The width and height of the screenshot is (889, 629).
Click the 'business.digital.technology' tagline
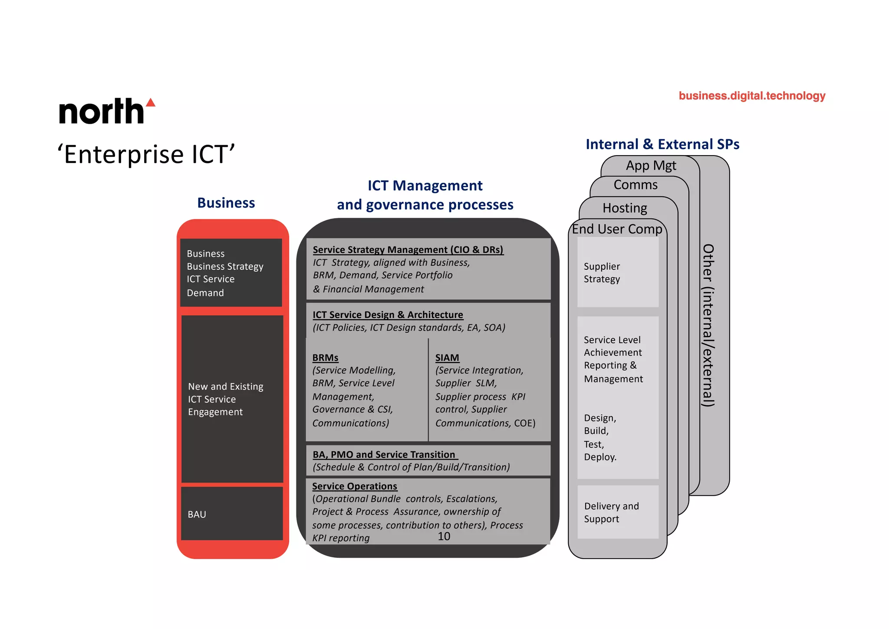click(x=752, y=96)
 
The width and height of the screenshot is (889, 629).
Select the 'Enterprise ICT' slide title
click(x=146, y=155)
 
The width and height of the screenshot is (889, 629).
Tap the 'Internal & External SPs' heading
click(x=662, y=144)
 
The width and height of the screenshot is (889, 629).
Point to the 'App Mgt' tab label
click(x=651, y=166)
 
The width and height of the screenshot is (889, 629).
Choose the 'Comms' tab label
click(x=635, y=185)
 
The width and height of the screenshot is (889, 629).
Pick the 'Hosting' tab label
click(x=625, y=208)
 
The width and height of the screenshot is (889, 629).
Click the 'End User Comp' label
click(x=617, y=229)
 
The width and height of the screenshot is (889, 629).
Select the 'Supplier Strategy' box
click(x=618, y=272)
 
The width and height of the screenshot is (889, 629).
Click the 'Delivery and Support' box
click(x=618, y=512)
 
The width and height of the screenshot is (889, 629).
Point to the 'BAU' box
click(x=232, y=514)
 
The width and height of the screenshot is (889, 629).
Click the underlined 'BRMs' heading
click(x=325, y=358)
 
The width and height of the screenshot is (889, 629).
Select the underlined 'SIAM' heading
click(x=447, y=358)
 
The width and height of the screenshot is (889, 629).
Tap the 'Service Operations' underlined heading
click(x=354, y=486)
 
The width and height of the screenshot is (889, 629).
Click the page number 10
click(x=444, y=536)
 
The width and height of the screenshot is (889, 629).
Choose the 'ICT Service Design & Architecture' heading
click(x=388, y=314)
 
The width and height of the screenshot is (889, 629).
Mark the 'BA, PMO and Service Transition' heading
click(x=384, y=454)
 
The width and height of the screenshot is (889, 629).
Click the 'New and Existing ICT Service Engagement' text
click(x=226, y=399)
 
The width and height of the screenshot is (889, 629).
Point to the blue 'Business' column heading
click(x=226, y=203)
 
